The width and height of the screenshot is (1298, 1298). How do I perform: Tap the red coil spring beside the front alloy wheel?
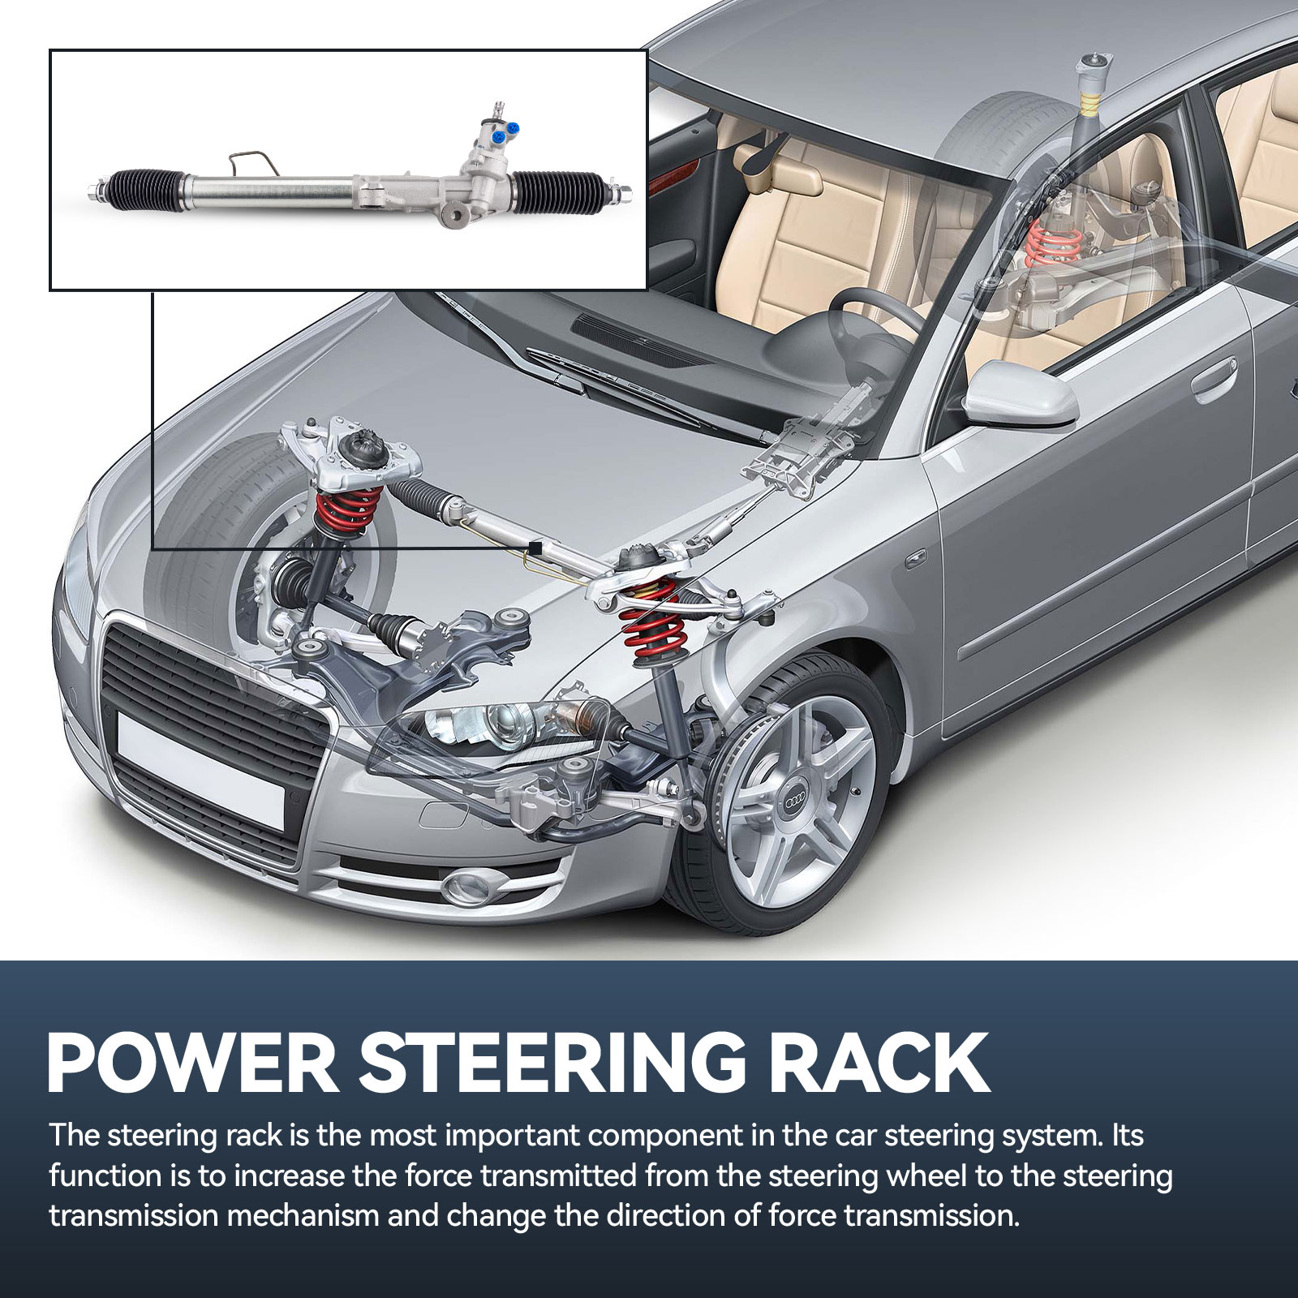tap(649, 610)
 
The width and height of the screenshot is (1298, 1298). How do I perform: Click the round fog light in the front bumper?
tap(470, 884)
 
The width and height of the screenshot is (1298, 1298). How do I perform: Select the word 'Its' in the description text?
tap(1126, 1136)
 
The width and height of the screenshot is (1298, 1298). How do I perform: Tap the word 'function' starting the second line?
tap(104, 1176)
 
